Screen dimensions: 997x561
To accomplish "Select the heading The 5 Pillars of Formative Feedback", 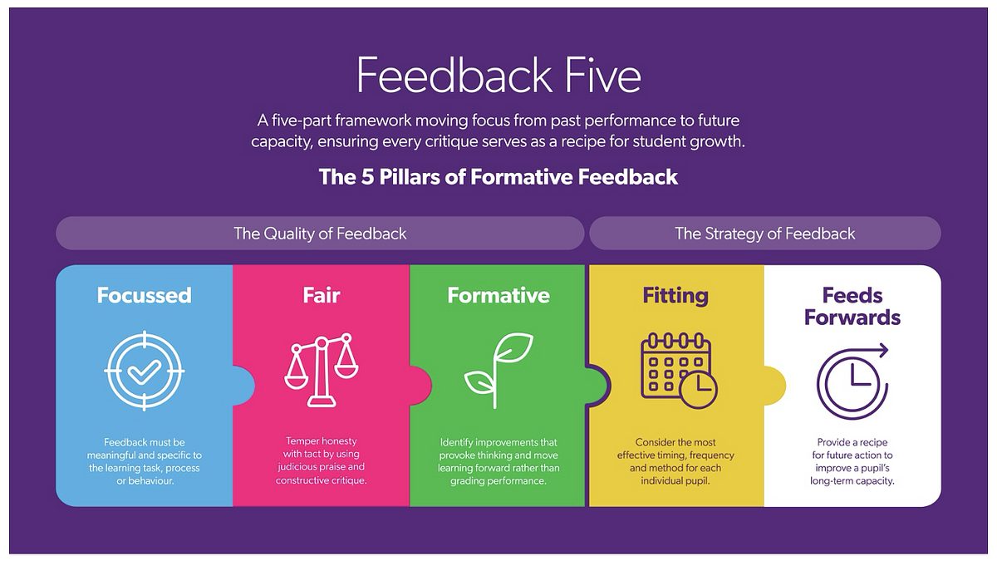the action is pos(498,177).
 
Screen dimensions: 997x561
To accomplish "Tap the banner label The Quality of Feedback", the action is pos(320,234).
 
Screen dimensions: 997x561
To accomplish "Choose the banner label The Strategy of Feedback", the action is pos(764,234).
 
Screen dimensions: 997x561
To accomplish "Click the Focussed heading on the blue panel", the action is pos(145,295).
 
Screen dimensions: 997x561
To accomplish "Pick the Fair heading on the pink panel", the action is pos(322,295).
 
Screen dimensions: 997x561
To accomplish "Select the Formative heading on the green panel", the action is pos(498,295).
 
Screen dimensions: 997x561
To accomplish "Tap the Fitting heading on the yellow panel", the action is pos(675,296).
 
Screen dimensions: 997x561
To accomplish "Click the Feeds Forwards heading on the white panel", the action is pos(852,307).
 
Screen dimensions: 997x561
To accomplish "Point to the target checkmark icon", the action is pos(145,371).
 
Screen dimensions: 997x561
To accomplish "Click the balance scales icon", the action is pos(322,371).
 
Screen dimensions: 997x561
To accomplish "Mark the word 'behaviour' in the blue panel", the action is pos(151,481).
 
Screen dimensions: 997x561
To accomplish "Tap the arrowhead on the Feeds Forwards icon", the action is pos(882,351).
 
